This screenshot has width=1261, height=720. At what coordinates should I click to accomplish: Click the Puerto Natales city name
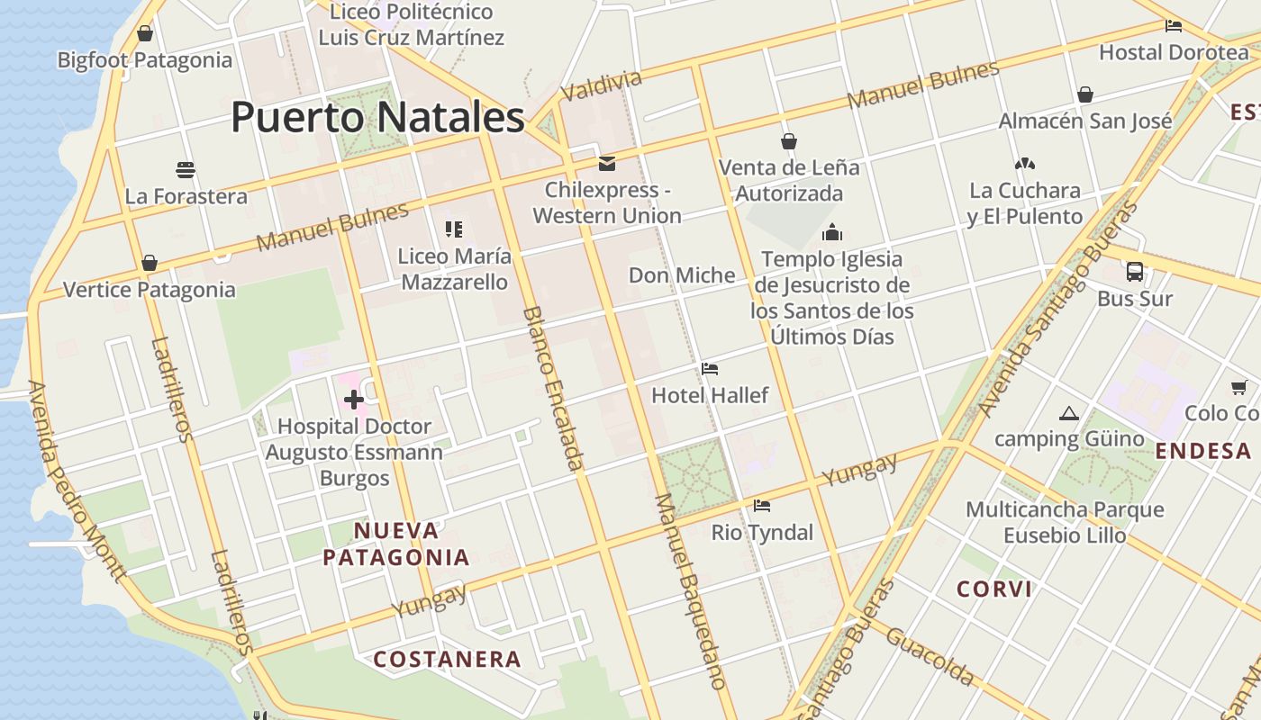(x=377, y=117)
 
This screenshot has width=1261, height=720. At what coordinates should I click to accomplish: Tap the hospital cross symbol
(x=353, y=399)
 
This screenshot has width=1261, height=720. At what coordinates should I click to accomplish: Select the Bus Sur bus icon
(x=1135, y=271)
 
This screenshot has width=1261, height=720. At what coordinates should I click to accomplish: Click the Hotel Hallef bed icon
(x=710, y=368)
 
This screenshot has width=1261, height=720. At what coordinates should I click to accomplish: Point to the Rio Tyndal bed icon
(x=762, y=506)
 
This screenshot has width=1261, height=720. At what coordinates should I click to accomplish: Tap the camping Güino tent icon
(x=1069, y=413)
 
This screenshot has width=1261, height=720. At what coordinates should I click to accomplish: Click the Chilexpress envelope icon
(x=607, y=163)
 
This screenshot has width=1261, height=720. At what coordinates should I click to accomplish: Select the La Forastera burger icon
(x=186, y=169)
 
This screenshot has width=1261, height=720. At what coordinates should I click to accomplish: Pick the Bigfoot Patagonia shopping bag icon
(x=145, y=33)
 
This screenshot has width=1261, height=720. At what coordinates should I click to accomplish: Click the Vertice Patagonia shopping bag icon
(x=150, y=263)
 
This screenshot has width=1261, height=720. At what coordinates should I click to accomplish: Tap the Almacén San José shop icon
(x=1085, y=94)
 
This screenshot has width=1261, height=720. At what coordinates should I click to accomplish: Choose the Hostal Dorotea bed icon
(x=1174, y=26)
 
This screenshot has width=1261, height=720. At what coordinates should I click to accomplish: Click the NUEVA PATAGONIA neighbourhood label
(x=396, y=544)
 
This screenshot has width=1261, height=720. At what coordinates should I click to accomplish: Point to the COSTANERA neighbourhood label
(x=448, y=660)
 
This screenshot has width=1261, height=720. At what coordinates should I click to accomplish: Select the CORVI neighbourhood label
(x=994, y=589)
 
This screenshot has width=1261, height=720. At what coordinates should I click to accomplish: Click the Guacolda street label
(x=930, y=657)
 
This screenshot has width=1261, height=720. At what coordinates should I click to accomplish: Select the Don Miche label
(x=682, y=275)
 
